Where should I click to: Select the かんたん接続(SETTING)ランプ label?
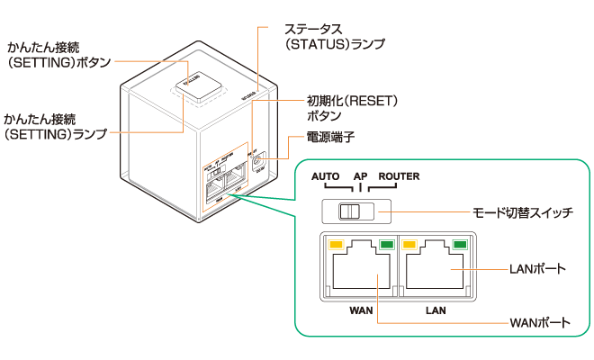click(x=53, y=126)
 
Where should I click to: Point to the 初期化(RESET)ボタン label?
click(x=346, y=108)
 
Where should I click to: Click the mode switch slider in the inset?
click(x=348, y=212)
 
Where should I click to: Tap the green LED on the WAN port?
click(x=387, y=244)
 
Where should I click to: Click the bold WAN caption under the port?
click(x=361, y=309)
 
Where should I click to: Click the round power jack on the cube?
click(x=259, y=152)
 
